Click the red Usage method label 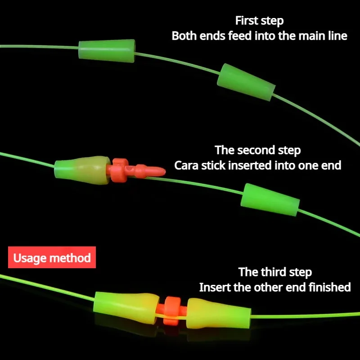pos(52,258)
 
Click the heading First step pos(259,21)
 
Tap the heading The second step pos(257,150)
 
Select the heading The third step pos(274,272)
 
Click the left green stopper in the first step pos(107,50)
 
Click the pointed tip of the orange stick pos(158,171)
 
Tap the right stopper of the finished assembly pos(218,311)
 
